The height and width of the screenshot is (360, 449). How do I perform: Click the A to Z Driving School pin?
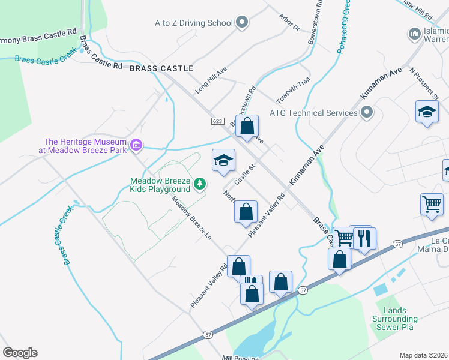tap(242, 23)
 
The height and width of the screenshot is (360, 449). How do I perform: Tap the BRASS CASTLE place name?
tap(161, 68)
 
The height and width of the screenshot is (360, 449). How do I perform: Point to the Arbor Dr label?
tap(289, 23)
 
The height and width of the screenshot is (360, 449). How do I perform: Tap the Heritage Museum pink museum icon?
tap(137, 145)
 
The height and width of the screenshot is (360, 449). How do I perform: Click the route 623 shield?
tap(217, 121)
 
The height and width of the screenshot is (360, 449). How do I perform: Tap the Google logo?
tap(20, 353)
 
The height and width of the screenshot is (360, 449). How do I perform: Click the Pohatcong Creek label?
tap(344, 27)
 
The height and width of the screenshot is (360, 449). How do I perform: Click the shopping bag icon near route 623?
tap(247, 127)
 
